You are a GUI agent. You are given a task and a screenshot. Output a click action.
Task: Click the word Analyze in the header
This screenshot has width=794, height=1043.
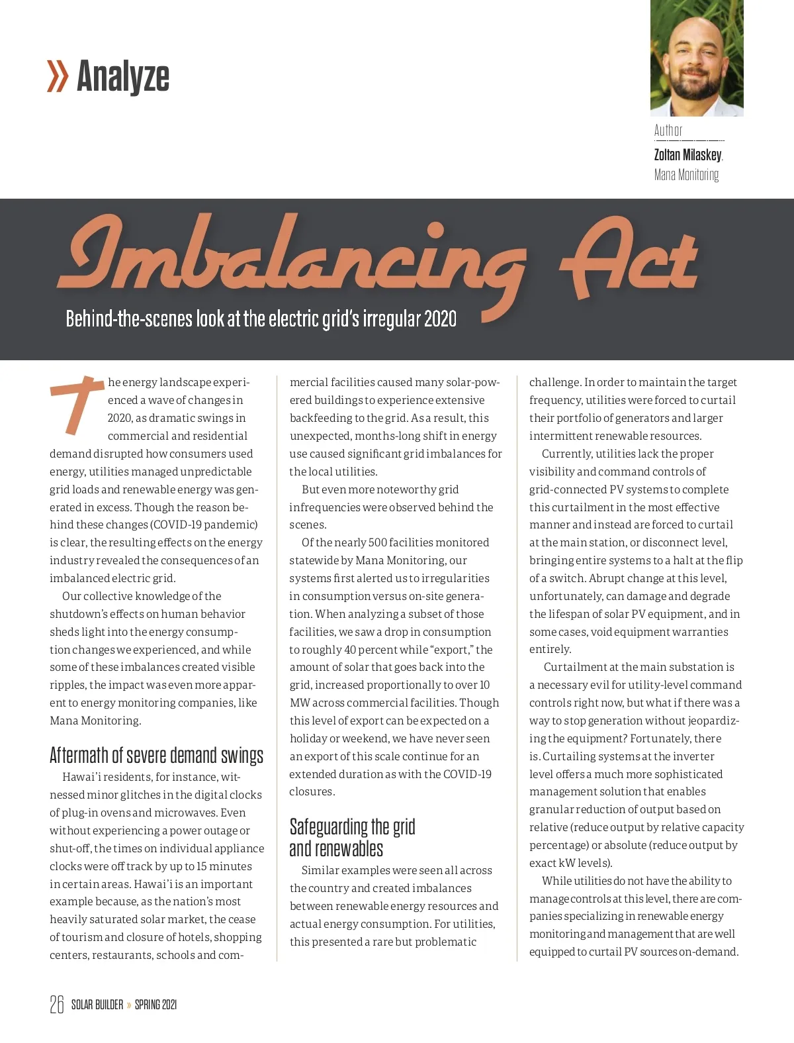pyautogui.click(x=123, y=77)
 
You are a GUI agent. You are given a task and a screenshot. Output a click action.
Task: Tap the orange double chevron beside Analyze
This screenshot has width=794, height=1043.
pyautogui.click(x=58, y=77)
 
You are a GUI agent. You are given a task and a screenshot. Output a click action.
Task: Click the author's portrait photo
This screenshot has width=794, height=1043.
pyautogui.click(x=697, y=58)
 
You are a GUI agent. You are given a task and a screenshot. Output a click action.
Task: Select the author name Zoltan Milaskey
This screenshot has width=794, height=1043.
pyautogui.click(x=687, y=155)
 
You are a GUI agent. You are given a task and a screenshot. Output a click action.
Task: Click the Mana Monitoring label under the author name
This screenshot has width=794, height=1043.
pyautogui.click(x=686, y=175)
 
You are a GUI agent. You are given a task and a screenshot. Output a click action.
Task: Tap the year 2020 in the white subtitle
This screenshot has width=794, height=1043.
pyautogui.click(x=440, y=319)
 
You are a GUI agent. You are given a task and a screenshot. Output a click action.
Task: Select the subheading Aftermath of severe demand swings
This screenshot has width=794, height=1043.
pyautogui.click(x=156, y=756)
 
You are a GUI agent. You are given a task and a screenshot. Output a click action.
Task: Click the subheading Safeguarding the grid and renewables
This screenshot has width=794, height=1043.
pyautogui.click(x=352, y=838)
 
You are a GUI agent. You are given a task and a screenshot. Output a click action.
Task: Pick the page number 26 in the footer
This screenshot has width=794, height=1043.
pyautogui.click(x=57, y=1005)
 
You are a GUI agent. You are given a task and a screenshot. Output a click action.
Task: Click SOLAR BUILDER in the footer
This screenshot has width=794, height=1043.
pyautogui.click(x=97, y=1005)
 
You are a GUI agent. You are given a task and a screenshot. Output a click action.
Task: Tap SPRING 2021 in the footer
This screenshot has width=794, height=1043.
pyautogui.click(x=155, y=1005)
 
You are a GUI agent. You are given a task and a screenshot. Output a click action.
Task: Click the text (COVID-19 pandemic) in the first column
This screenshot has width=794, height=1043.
pyautogui.click(x=204, y=525)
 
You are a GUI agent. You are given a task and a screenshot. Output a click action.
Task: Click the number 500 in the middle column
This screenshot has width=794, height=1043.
pyautogui.click(x=377, y=543)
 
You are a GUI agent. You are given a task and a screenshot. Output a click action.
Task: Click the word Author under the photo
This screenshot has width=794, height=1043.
pyautogui.click(x=668, y=130)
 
